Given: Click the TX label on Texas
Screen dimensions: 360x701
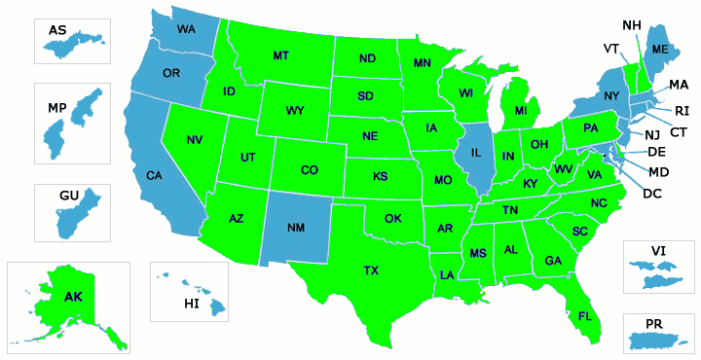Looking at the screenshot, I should pos(371,270).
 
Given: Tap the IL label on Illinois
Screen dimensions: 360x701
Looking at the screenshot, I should pos(477,153).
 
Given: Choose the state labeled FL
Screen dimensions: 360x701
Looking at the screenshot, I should pos(584,316).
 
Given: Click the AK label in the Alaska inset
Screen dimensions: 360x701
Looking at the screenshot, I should pos(73,296).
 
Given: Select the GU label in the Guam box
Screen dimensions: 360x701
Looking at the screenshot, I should pos(68,196).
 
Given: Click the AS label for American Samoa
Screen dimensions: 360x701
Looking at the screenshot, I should pos(57,30).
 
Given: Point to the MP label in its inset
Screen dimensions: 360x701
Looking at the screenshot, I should pos(56,107).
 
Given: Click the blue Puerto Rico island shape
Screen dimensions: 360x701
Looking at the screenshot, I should pos(659,341).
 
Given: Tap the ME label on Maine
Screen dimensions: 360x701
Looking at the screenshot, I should pos(660,50).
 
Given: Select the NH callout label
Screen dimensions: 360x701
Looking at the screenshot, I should pos(631,23).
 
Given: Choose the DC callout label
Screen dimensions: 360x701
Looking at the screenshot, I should pos(652,194).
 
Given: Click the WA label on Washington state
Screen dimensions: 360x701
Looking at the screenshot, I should pos(186,30).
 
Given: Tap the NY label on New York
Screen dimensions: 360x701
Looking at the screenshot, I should pos(610,95).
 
